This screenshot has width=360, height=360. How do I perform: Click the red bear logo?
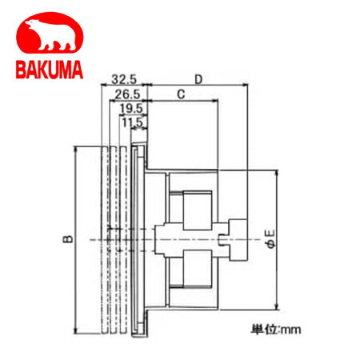coord(50,33)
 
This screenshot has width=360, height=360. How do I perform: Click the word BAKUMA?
coord(50,70)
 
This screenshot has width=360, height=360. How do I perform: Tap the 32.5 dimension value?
coord(124,79)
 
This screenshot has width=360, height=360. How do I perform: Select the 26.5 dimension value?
coord(127,94)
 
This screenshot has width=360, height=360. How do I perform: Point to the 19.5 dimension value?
coord(131,109)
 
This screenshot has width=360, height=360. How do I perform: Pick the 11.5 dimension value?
coord(133,122)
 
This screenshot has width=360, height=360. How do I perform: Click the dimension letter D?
coord(198,79)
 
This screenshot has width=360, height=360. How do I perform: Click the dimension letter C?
coord(181,94)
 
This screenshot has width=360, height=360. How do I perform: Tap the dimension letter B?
coord(68,238)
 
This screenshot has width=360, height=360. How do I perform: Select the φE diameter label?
coord(270,239)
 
